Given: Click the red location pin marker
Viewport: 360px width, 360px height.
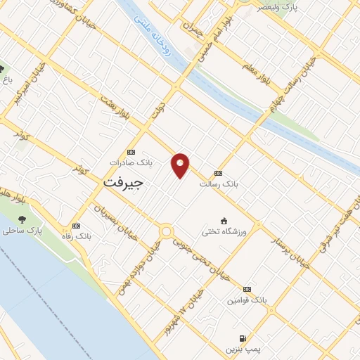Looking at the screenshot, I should click(x=181, y=165).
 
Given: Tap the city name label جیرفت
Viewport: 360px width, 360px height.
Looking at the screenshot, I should click(x=123, y=181).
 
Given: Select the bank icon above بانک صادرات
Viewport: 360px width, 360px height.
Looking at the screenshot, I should click(x=131, y=152).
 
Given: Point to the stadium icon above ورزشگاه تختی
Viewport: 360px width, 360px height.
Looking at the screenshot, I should click(x=224, y=220).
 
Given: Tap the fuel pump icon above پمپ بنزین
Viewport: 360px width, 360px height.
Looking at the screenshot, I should click(x=243, y=337).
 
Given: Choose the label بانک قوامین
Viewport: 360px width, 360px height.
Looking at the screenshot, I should click(x=247, y=300).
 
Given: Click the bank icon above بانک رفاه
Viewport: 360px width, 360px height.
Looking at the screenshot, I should click(x=76, y=226).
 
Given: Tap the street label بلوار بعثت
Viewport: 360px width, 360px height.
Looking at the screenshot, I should click(x=114, y=108).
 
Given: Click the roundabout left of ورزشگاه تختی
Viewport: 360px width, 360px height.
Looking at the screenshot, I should click(x=167, y=231).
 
